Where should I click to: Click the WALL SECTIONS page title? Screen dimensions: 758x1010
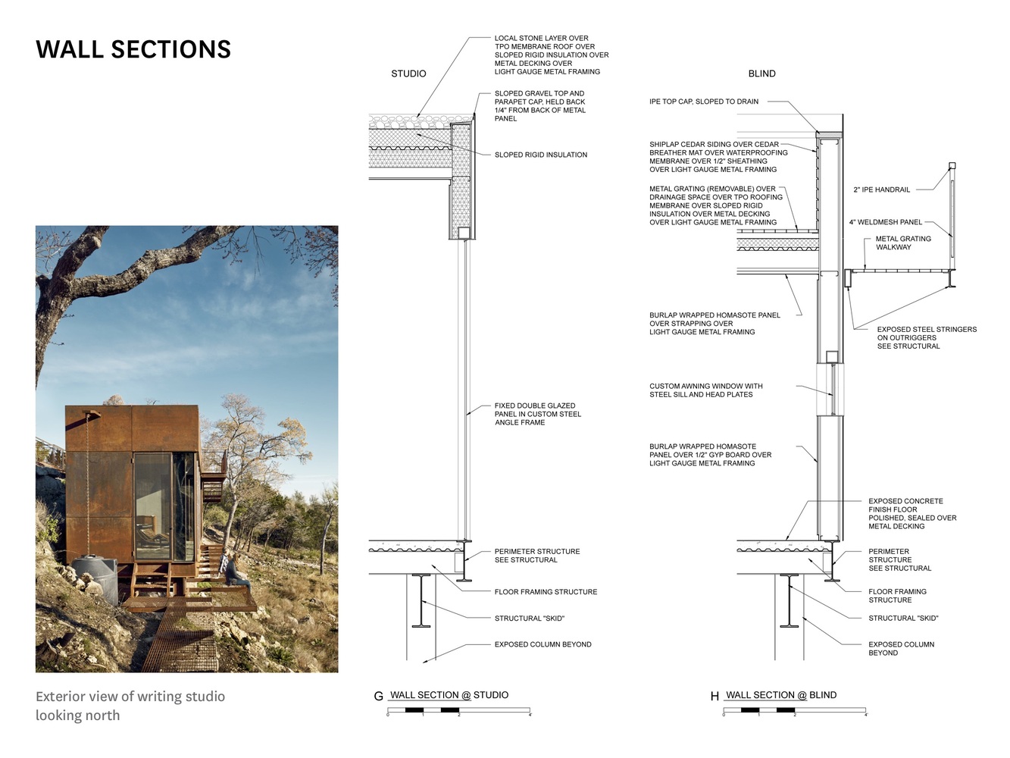133,49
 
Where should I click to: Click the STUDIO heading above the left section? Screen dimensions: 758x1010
408,74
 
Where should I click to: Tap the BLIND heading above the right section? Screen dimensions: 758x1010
761,74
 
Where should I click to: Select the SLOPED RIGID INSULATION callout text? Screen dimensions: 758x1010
540,155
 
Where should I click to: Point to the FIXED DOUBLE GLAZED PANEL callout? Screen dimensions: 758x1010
537,414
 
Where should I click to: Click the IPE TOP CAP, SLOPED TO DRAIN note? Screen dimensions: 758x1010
703,102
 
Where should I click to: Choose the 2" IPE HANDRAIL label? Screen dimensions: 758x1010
881,189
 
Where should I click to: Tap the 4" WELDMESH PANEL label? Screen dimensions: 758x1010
885,222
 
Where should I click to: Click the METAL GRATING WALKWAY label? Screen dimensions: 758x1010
903,243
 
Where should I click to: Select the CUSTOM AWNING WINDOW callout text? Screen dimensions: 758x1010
705,390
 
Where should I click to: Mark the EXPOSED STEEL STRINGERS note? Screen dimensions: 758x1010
926,337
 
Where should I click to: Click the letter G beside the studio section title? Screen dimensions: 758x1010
378,696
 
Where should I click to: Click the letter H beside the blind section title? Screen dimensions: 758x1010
715,696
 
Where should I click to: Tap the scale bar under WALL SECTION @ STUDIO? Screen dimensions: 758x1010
458,711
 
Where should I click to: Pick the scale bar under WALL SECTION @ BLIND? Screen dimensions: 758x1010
794,711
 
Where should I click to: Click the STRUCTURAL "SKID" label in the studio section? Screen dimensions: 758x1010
529,619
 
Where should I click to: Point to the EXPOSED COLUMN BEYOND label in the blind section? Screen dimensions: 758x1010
901,648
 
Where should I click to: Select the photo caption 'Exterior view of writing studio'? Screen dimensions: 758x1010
130,696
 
